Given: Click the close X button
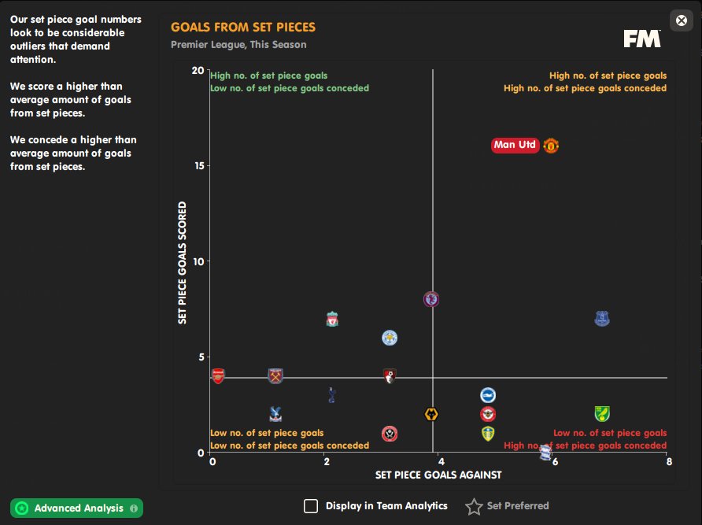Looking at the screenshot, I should (x=682, y=20).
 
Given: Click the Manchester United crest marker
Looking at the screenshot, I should (x=551, y=145).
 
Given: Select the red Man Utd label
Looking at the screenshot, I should (x=515, y=145).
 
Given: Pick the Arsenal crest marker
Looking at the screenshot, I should (x=218, y=375).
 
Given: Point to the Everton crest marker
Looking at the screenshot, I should (x=602, y=319).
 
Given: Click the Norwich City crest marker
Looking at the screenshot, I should (x=602, y=414).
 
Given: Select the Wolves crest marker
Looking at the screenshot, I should (x=431, y=414).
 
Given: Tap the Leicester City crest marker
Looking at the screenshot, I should (x=390, y=338).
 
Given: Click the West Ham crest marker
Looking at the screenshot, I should (x=275, y=375).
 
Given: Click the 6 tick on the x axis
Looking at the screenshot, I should (x=555, y=461).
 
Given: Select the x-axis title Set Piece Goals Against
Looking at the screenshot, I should (x=438, y=475).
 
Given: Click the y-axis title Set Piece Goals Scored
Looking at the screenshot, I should (x=182, y=261).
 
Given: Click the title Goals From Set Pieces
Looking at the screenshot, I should (x=243, y=27).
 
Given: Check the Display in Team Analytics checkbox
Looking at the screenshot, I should (x=311, y=506).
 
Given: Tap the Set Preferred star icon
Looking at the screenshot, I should (x=474, y=506).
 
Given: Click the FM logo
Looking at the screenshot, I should (x=642, y=39).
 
